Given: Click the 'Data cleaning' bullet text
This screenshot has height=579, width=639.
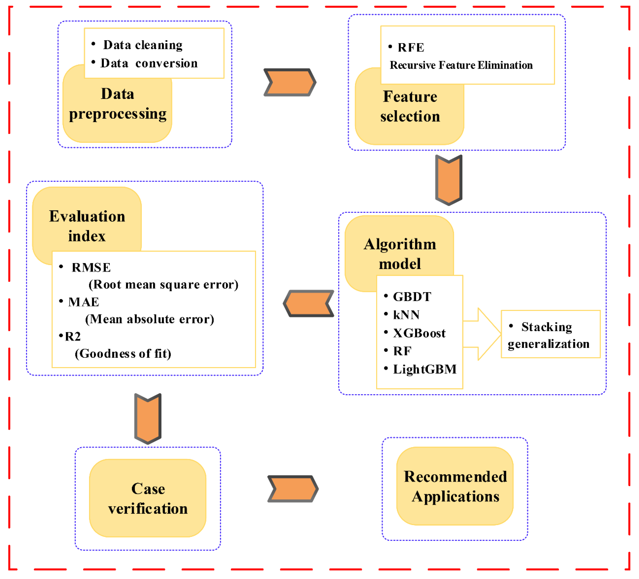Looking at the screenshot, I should (143, 45).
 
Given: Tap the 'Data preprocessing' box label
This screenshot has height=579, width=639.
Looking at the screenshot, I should (118, 104).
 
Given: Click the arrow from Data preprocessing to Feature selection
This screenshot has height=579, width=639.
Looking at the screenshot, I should (290, 82).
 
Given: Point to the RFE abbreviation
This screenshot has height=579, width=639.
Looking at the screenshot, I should (411, 47).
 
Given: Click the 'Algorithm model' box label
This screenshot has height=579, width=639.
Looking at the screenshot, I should (400, 254).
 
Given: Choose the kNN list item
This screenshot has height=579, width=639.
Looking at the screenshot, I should (406, 315).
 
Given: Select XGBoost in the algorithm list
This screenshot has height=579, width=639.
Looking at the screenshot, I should (419, 333).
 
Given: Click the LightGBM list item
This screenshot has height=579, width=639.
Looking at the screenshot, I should (424, 369).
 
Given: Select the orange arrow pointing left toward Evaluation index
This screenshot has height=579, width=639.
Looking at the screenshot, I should (308, 303).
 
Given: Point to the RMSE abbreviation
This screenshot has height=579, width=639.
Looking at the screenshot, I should (91, 268).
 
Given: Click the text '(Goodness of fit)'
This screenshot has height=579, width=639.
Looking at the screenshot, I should (123, 354).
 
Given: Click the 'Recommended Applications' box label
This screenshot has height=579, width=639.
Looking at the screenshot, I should (455, 486).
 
